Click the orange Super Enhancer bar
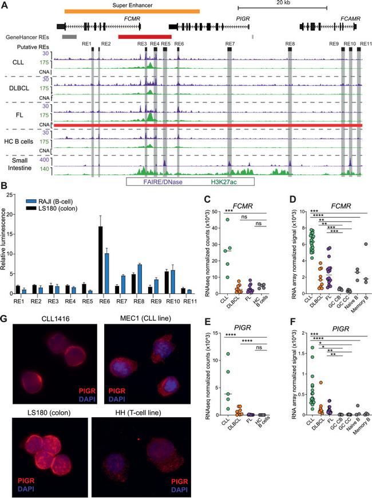tap(132, 11)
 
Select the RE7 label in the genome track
tap(230, 44)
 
